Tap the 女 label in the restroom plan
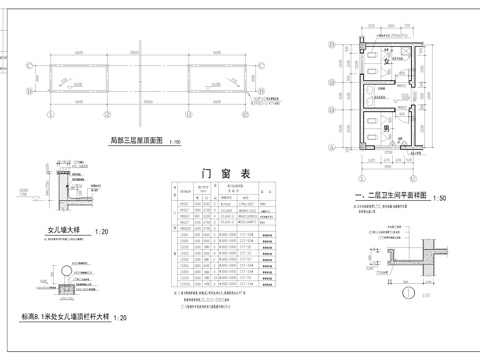coord(385,62)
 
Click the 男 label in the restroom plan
coord(385,129)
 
